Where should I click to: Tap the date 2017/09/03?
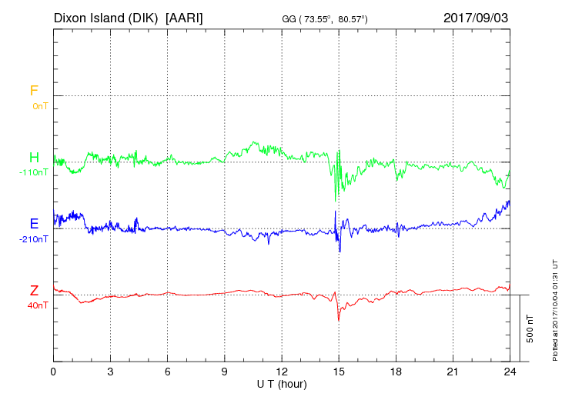point(476,17)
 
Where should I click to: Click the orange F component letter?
point(34,91)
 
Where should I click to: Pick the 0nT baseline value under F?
point(40,105)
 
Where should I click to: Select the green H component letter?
point(34,157)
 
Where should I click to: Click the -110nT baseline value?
point(34,172)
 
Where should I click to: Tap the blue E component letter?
point(34,224)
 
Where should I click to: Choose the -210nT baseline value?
point(34,239)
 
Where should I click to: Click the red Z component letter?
point(34,291)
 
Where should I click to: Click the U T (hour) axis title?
point(282,383)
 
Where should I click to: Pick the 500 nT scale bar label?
point(530,328)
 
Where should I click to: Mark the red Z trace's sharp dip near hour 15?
point(339,318)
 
